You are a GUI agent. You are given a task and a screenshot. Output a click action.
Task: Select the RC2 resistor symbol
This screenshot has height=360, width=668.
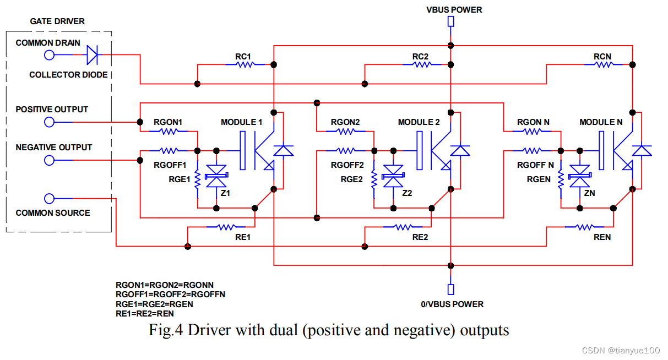(x=421, y=64)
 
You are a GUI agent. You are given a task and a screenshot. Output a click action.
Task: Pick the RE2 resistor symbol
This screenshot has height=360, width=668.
(x=402, y=226)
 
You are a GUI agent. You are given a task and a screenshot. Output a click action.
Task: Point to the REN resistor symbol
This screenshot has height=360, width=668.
(x=582, y=226)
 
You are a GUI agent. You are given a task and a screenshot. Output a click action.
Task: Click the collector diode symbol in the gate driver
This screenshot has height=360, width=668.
(x=92, y=54)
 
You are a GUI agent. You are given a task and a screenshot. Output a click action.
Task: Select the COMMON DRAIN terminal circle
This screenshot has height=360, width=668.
(x=49, y=54)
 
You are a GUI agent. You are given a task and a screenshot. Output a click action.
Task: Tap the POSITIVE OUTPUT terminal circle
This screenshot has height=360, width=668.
(x=49, y=122)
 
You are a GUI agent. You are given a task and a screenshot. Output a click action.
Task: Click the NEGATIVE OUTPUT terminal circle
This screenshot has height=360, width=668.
(x=49, y=160)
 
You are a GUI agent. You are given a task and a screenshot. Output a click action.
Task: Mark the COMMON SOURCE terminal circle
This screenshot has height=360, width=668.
(x=49, y=199)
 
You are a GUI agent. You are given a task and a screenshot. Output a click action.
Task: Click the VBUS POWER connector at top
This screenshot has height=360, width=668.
(x=450, y=21)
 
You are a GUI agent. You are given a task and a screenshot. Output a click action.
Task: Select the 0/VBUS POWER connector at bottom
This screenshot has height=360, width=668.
(x=450, y=290)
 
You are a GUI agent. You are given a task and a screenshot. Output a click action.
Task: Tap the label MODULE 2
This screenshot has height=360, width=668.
(x=419, y=122)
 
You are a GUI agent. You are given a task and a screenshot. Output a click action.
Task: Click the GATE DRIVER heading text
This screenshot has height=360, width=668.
(x=57, y=21)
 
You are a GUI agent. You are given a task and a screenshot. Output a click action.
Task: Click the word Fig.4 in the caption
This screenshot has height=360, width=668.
(x=166, y=330)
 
